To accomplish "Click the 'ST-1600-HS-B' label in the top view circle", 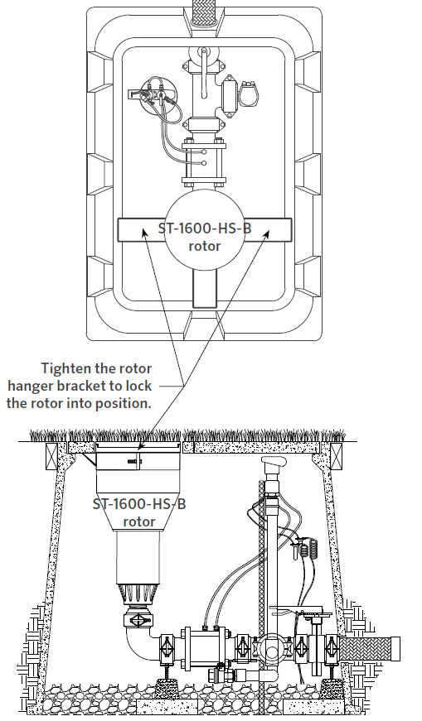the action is [x=205, y=228].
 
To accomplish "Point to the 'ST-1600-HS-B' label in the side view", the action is [x=139, y=504].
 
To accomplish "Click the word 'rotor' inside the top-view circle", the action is [x=205, y=246].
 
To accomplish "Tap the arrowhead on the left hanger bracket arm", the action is [x=144, y=233].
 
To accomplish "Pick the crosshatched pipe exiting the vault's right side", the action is [x=370, y=649].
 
